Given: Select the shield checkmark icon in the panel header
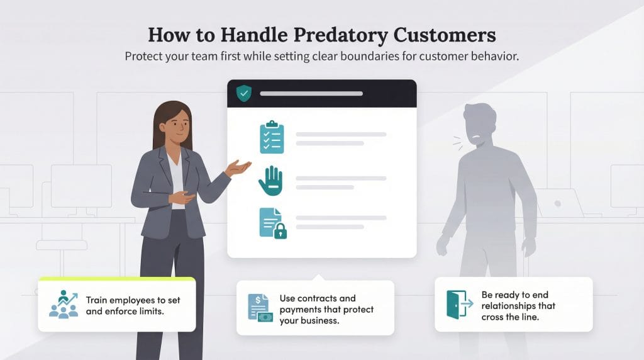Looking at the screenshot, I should point(243,94).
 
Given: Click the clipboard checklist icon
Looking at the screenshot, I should point(272,137).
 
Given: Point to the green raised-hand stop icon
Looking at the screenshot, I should point(272,181).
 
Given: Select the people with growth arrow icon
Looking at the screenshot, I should point(63,304).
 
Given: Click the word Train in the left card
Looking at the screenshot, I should point(96,300).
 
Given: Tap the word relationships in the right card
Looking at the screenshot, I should point(510,306).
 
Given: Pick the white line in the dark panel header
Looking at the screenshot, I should point(311,94).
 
